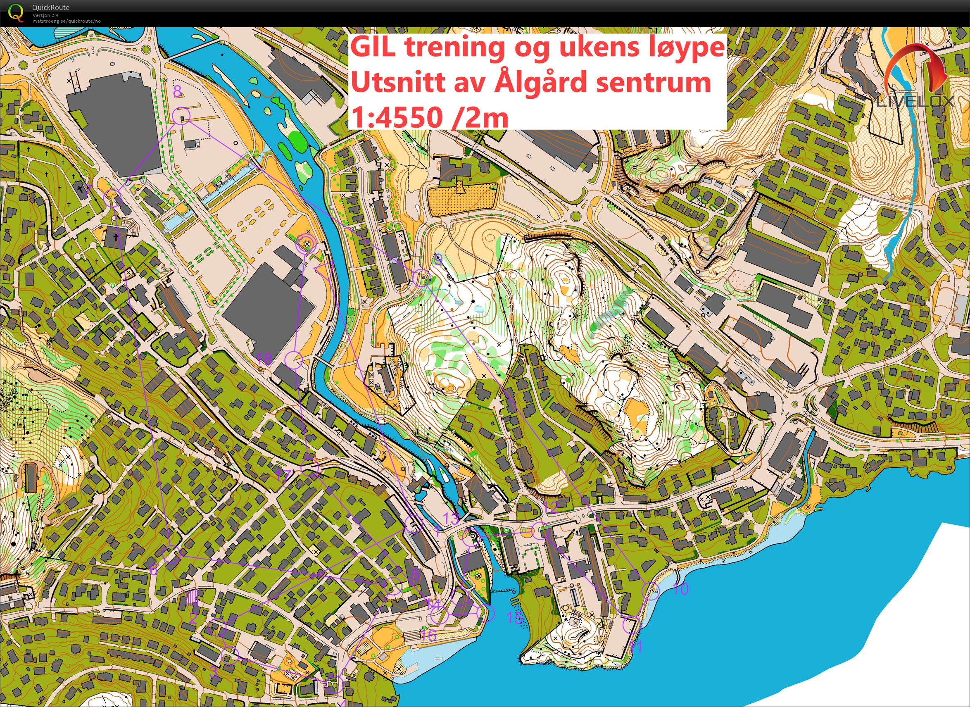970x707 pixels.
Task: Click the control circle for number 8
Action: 181,115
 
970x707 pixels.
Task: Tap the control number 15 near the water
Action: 515,618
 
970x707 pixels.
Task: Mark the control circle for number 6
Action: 171,554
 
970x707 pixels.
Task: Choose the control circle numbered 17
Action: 310,468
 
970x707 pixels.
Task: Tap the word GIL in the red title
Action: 373,48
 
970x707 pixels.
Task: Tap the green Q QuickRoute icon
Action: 16,12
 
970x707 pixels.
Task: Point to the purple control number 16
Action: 428,636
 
